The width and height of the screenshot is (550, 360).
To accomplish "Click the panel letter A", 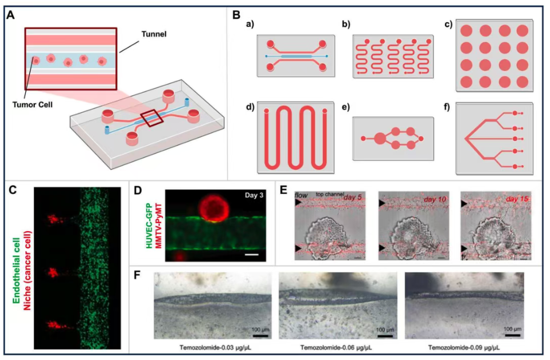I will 10,15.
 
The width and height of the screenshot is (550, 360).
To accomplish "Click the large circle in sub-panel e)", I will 380,138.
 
